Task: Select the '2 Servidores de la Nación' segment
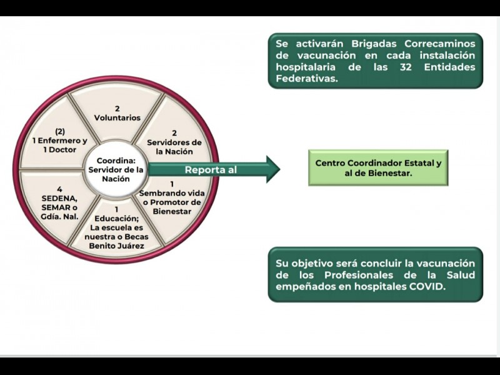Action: point(174,142)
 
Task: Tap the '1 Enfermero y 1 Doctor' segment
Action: point(60,141)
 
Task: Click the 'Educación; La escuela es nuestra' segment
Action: point(117,227)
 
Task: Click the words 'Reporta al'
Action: point(211,170)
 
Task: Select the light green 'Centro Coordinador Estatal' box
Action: point(377,168)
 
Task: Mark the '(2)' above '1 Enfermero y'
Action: point(59,132)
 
